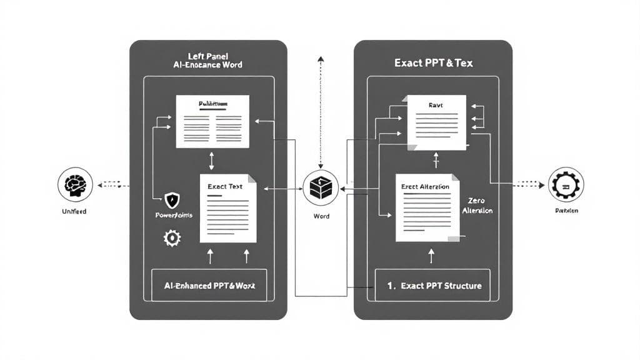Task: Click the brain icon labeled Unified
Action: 75,184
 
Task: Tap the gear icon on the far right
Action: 566,184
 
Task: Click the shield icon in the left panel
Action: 172,200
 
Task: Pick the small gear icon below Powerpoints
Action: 172,237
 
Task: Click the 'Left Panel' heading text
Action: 207,55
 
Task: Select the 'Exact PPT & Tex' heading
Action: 432,63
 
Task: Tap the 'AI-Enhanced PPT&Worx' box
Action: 209,285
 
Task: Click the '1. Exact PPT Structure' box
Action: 432,286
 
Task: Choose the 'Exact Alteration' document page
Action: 426,208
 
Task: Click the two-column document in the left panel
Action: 212,121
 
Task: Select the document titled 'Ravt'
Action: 437,122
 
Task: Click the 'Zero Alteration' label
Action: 477,206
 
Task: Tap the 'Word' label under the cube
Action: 320,216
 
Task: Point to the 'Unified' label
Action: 74,211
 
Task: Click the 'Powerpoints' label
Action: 174,215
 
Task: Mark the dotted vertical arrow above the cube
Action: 321,112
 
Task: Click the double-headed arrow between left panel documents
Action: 212,161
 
